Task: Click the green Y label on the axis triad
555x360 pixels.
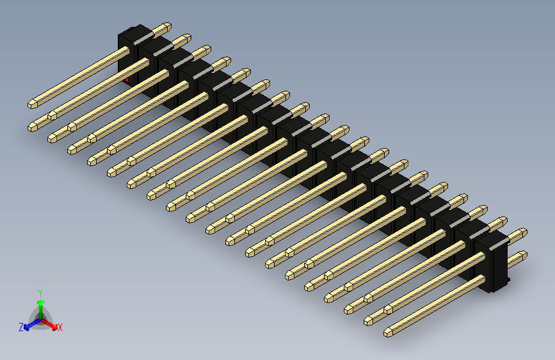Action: click(x=40, y=291)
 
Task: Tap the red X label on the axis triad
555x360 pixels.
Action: click(x=60, y=328)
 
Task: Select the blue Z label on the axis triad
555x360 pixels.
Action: click(x=21, y=327)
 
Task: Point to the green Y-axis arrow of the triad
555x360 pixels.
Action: click(x=40, y=304)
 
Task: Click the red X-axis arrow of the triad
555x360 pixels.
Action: click(x=51, y=323)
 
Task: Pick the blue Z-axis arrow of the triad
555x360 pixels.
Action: click(x=29, y=324)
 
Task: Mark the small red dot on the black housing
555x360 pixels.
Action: click(x=127, y=80)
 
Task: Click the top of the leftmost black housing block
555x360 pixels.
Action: click(x=135, y=33)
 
